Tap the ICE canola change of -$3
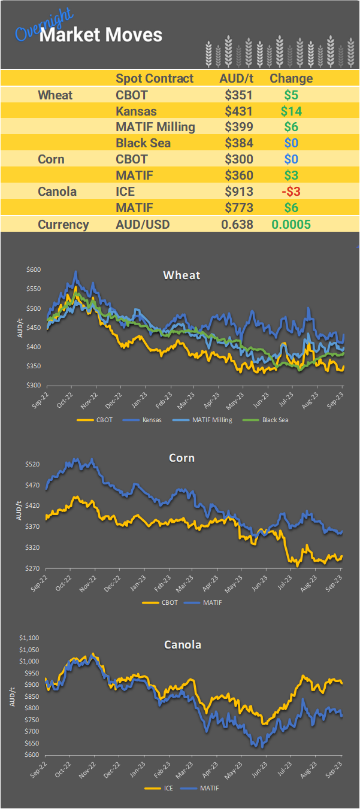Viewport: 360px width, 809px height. click(x=291, y=192)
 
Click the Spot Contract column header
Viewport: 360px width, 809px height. click(x=155, y=78)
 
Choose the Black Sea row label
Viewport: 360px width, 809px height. click(x=143, y=143)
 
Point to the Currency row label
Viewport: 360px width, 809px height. click(x=63, y=225)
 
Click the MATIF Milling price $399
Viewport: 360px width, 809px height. click(x=238, y=127)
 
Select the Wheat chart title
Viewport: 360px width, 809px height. click(x=181, y=275)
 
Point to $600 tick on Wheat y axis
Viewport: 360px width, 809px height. click(x=33, y=270)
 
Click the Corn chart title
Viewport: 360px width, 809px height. click(x=181, y=458)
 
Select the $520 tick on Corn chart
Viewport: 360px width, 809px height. click(x=33, y=465)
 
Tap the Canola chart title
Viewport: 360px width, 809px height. click(x=183, y=645)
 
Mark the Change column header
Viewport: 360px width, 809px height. click(x=291, y=78)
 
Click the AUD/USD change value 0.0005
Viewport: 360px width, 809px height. click(x=291, y=225)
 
